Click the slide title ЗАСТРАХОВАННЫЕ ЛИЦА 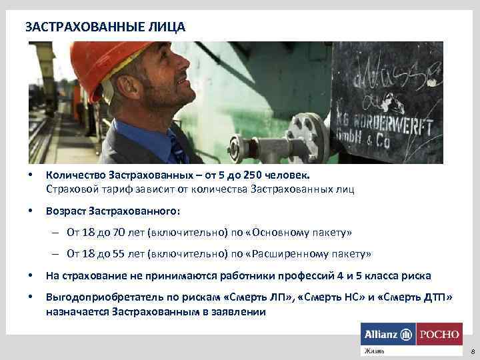105,27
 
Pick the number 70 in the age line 116,233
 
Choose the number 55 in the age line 116,254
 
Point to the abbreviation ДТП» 434,297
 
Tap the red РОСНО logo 438,333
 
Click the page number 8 472,351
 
